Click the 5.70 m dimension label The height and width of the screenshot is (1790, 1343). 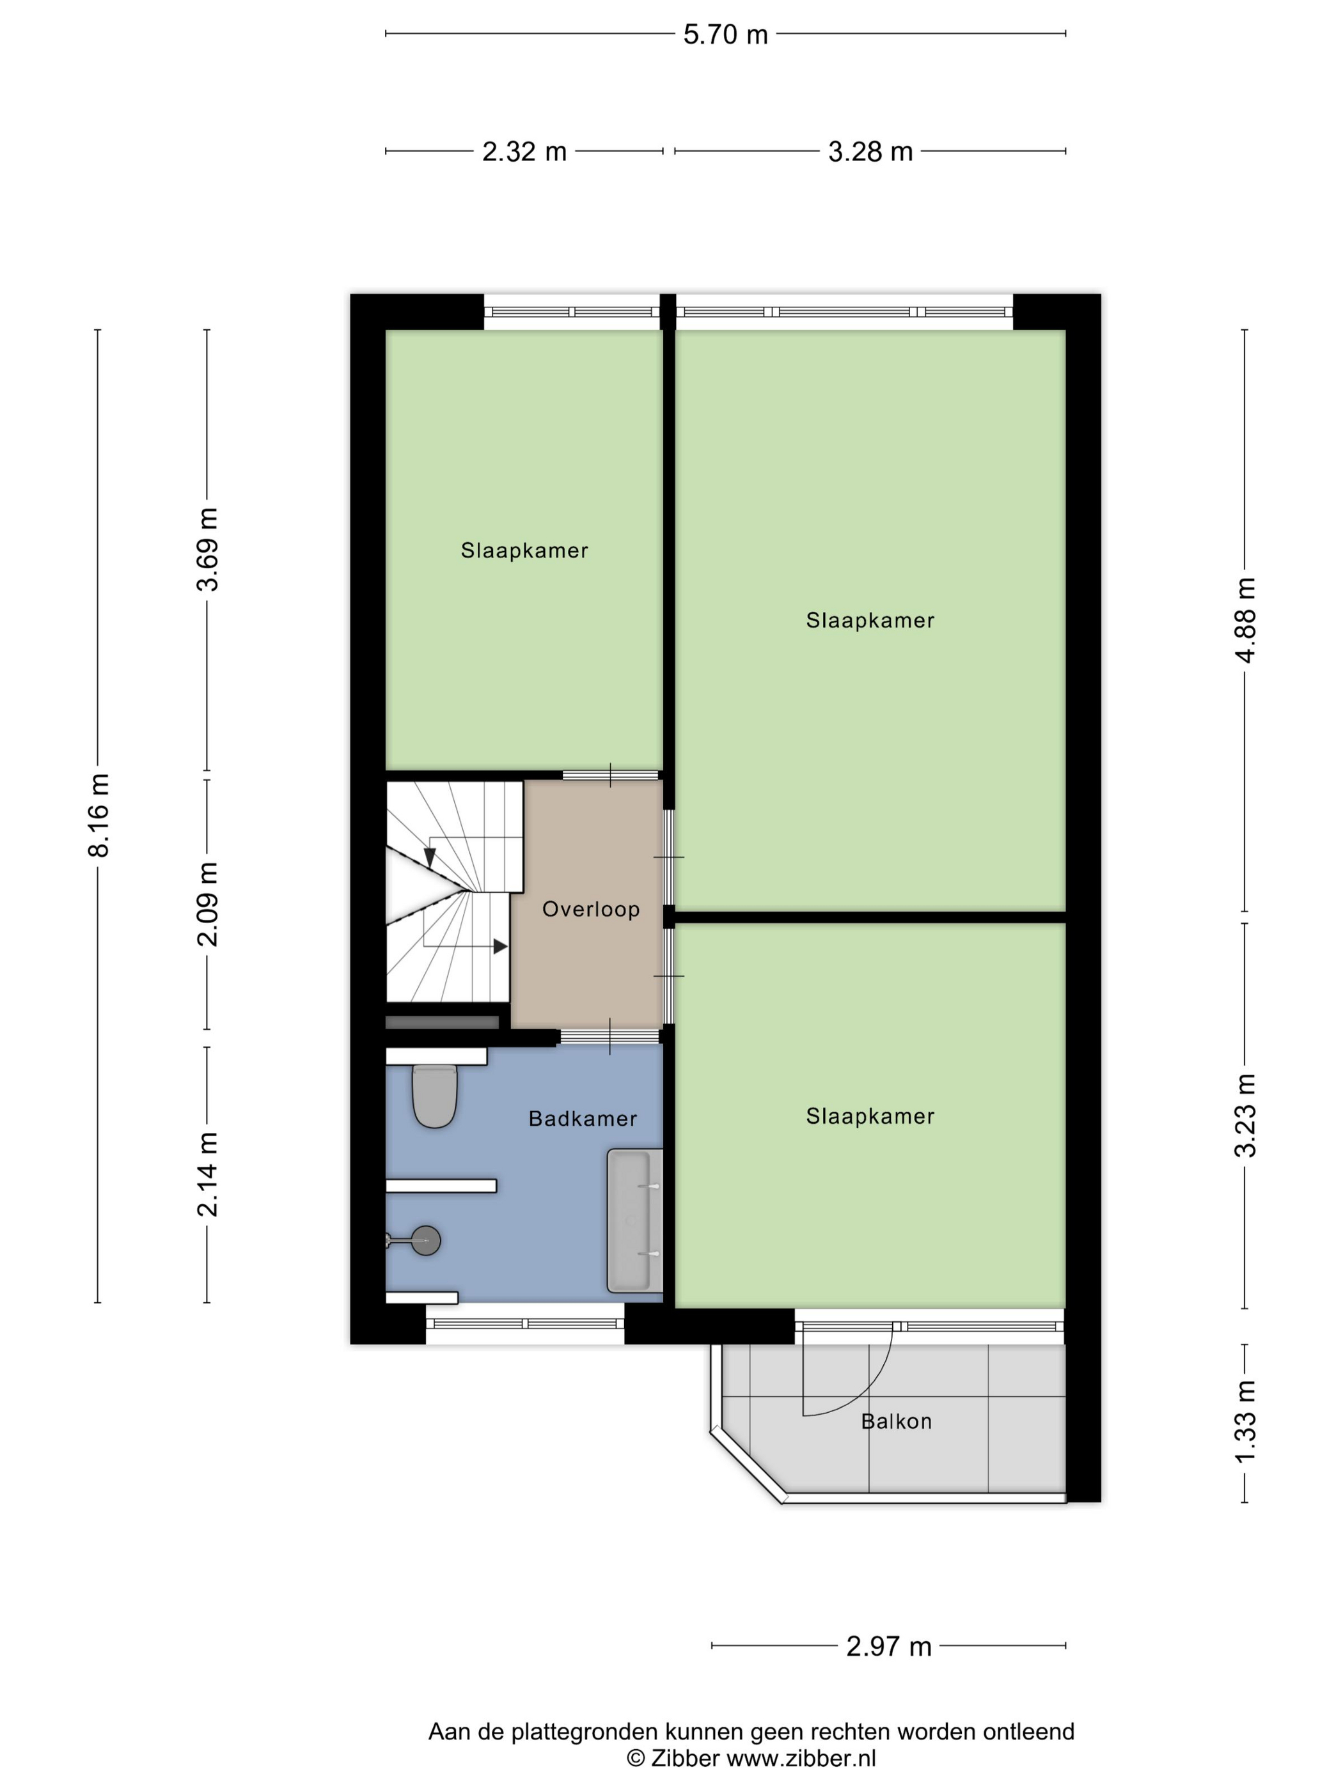point(725,35)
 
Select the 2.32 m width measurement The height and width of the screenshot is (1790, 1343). point(524,152)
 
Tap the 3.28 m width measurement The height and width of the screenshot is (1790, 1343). point(870,152)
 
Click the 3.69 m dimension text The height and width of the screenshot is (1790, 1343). point(208,549)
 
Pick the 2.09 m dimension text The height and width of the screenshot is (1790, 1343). point(208,904)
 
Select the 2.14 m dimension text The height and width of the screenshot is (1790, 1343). point(208,1173)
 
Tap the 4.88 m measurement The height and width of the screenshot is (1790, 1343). point(1246,620)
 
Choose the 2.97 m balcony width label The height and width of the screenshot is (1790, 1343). point(889,1647)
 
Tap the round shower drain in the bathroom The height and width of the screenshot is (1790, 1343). point(425,1240)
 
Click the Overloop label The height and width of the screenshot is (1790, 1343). point(591,909)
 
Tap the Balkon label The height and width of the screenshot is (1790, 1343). point(896,1421)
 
